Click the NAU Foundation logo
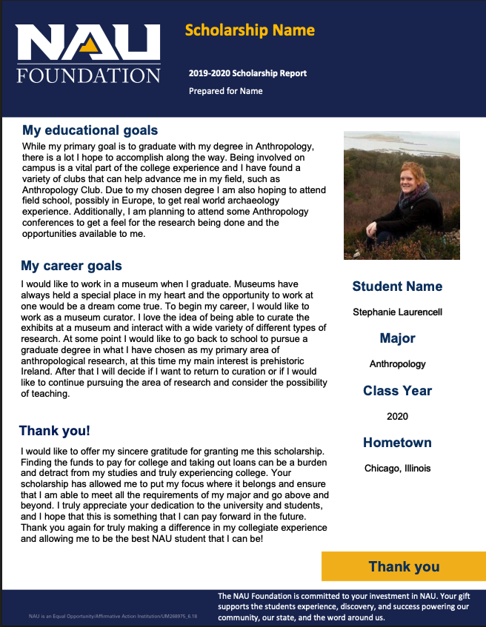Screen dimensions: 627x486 (x=88, y=53)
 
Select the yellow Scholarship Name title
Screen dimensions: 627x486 (x=250, y=30)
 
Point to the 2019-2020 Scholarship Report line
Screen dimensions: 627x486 (x=247, y=73)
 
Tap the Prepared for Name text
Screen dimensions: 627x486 (x=225, y=91)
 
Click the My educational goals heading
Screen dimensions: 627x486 (x=90, y=130)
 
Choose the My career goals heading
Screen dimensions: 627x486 (x=71, y=266)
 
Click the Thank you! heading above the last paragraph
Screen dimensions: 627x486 (x=55, y=431)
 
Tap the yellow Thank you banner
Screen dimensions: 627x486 (x=403, y=566)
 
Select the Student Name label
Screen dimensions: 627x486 (x=397, y=286)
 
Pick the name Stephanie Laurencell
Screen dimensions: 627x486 (x=397, y=312)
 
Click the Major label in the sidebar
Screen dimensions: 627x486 (x=397, y=338)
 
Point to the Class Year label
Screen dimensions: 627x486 (x=397, y=390)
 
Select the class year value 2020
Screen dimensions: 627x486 (x=397, y=416)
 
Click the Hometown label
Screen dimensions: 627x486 (x=397, y=443)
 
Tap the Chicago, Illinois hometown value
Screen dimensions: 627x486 (x=397, y=468)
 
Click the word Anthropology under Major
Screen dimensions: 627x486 (x=397, y=364)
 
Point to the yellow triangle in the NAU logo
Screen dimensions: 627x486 (x=90, y=48)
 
